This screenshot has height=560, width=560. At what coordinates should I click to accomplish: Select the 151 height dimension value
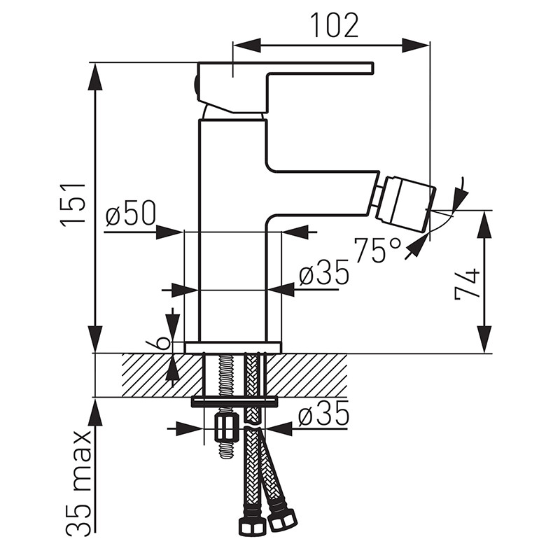[73, 203]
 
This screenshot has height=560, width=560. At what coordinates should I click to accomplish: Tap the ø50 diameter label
[130, 216]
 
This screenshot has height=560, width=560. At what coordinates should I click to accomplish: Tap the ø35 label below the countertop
[323, 416]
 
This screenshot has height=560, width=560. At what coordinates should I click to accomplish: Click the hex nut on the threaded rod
[225, 426]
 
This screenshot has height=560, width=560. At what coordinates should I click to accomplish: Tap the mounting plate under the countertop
[235, 401]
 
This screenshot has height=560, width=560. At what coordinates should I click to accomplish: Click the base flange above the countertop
[232, 347]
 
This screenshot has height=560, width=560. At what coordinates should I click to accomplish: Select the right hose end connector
[283, 518]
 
